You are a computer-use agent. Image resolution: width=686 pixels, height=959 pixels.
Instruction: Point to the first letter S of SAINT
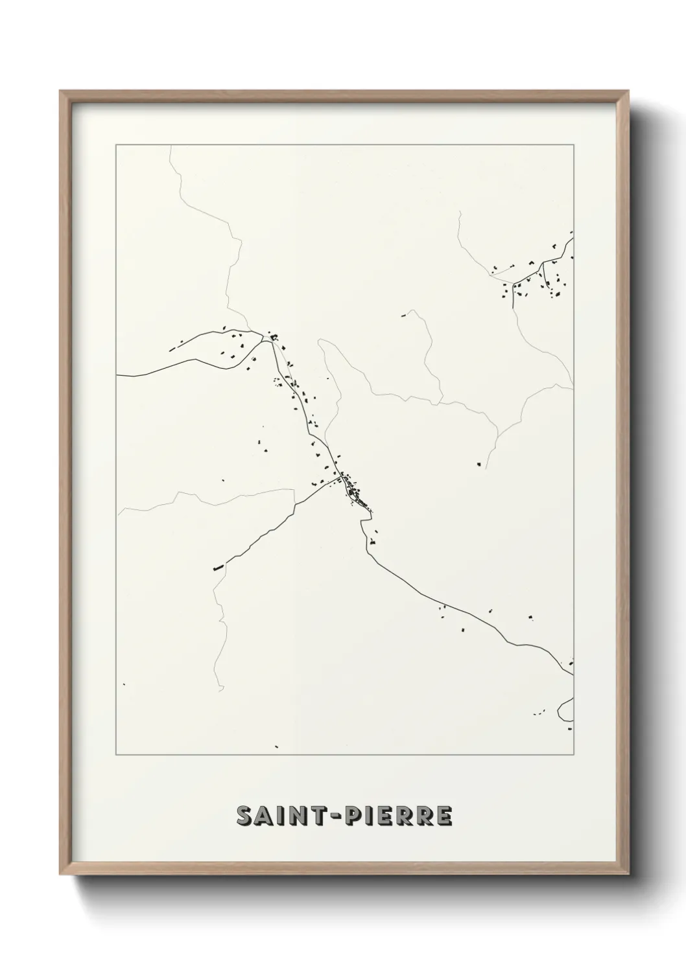point(244,816)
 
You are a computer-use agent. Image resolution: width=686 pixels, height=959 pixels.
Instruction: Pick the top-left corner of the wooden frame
point(60,91)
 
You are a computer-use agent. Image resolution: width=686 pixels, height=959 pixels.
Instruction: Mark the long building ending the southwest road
point(218,568)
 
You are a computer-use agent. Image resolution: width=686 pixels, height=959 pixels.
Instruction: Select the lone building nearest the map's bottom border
point(276,746)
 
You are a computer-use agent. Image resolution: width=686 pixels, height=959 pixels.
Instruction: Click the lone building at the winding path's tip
point(403,316)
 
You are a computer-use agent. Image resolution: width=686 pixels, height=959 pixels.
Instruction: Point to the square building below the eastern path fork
point(479,464)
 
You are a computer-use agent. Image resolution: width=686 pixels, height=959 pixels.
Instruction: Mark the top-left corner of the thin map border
point(116,145)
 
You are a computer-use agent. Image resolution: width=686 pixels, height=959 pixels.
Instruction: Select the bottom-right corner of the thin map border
point(573,755)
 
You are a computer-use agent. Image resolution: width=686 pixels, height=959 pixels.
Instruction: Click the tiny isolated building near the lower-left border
point(124,684)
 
